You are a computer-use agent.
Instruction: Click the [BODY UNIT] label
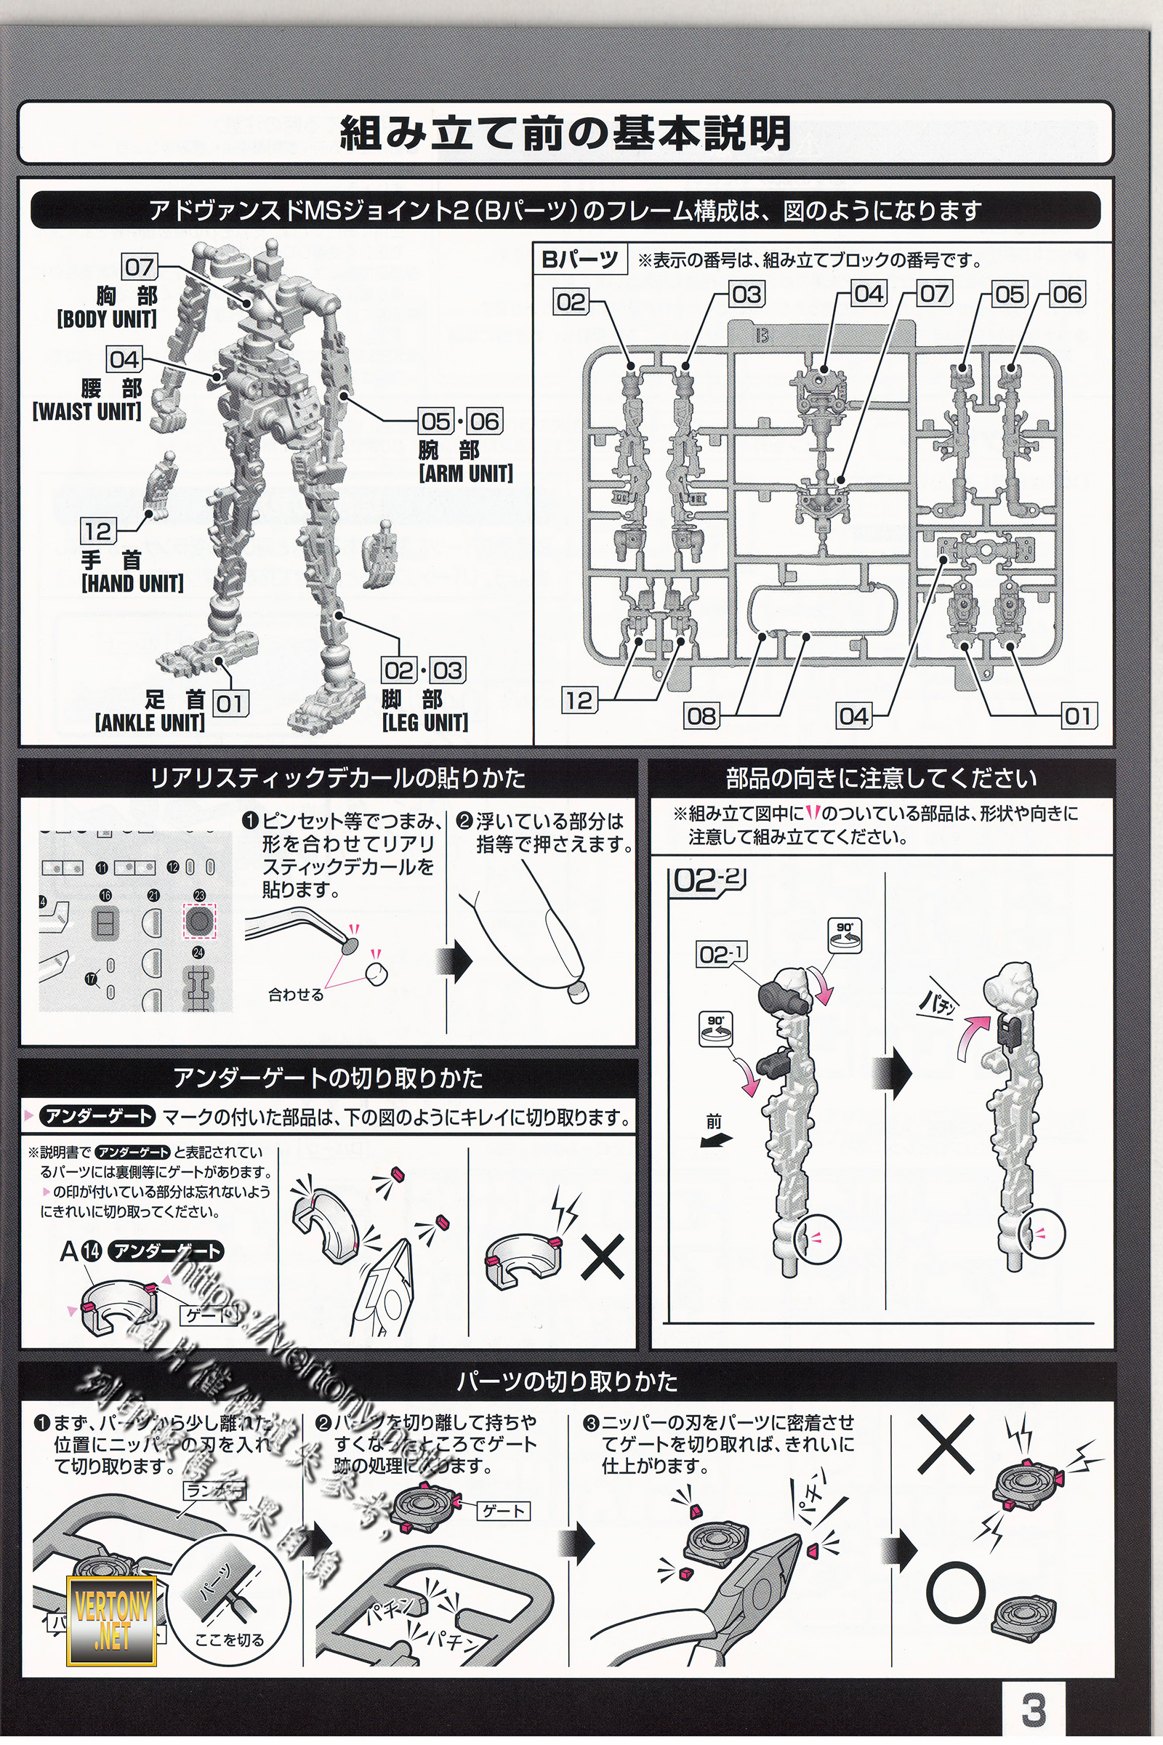107,319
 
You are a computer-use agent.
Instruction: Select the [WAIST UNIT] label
86,411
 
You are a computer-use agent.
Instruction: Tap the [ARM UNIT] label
466,473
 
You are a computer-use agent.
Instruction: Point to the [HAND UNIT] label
132,583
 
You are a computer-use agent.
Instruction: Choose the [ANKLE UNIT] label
150,722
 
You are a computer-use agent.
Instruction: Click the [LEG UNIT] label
425,722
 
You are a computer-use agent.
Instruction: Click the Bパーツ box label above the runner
579,260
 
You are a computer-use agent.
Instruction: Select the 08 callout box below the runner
701,716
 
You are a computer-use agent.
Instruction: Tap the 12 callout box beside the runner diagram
579,699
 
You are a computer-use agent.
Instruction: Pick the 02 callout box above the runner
571,302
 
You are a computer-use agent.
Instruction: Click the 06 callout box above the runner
1066,294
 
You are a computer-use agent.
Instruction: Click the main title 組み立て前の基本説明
566,134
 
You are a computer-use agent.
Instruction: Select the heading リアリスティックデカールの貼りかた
338,778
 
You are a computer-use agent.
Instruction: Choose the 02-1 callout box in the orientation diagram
721,954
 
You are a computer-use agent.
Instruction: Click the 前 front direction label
714,1122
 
